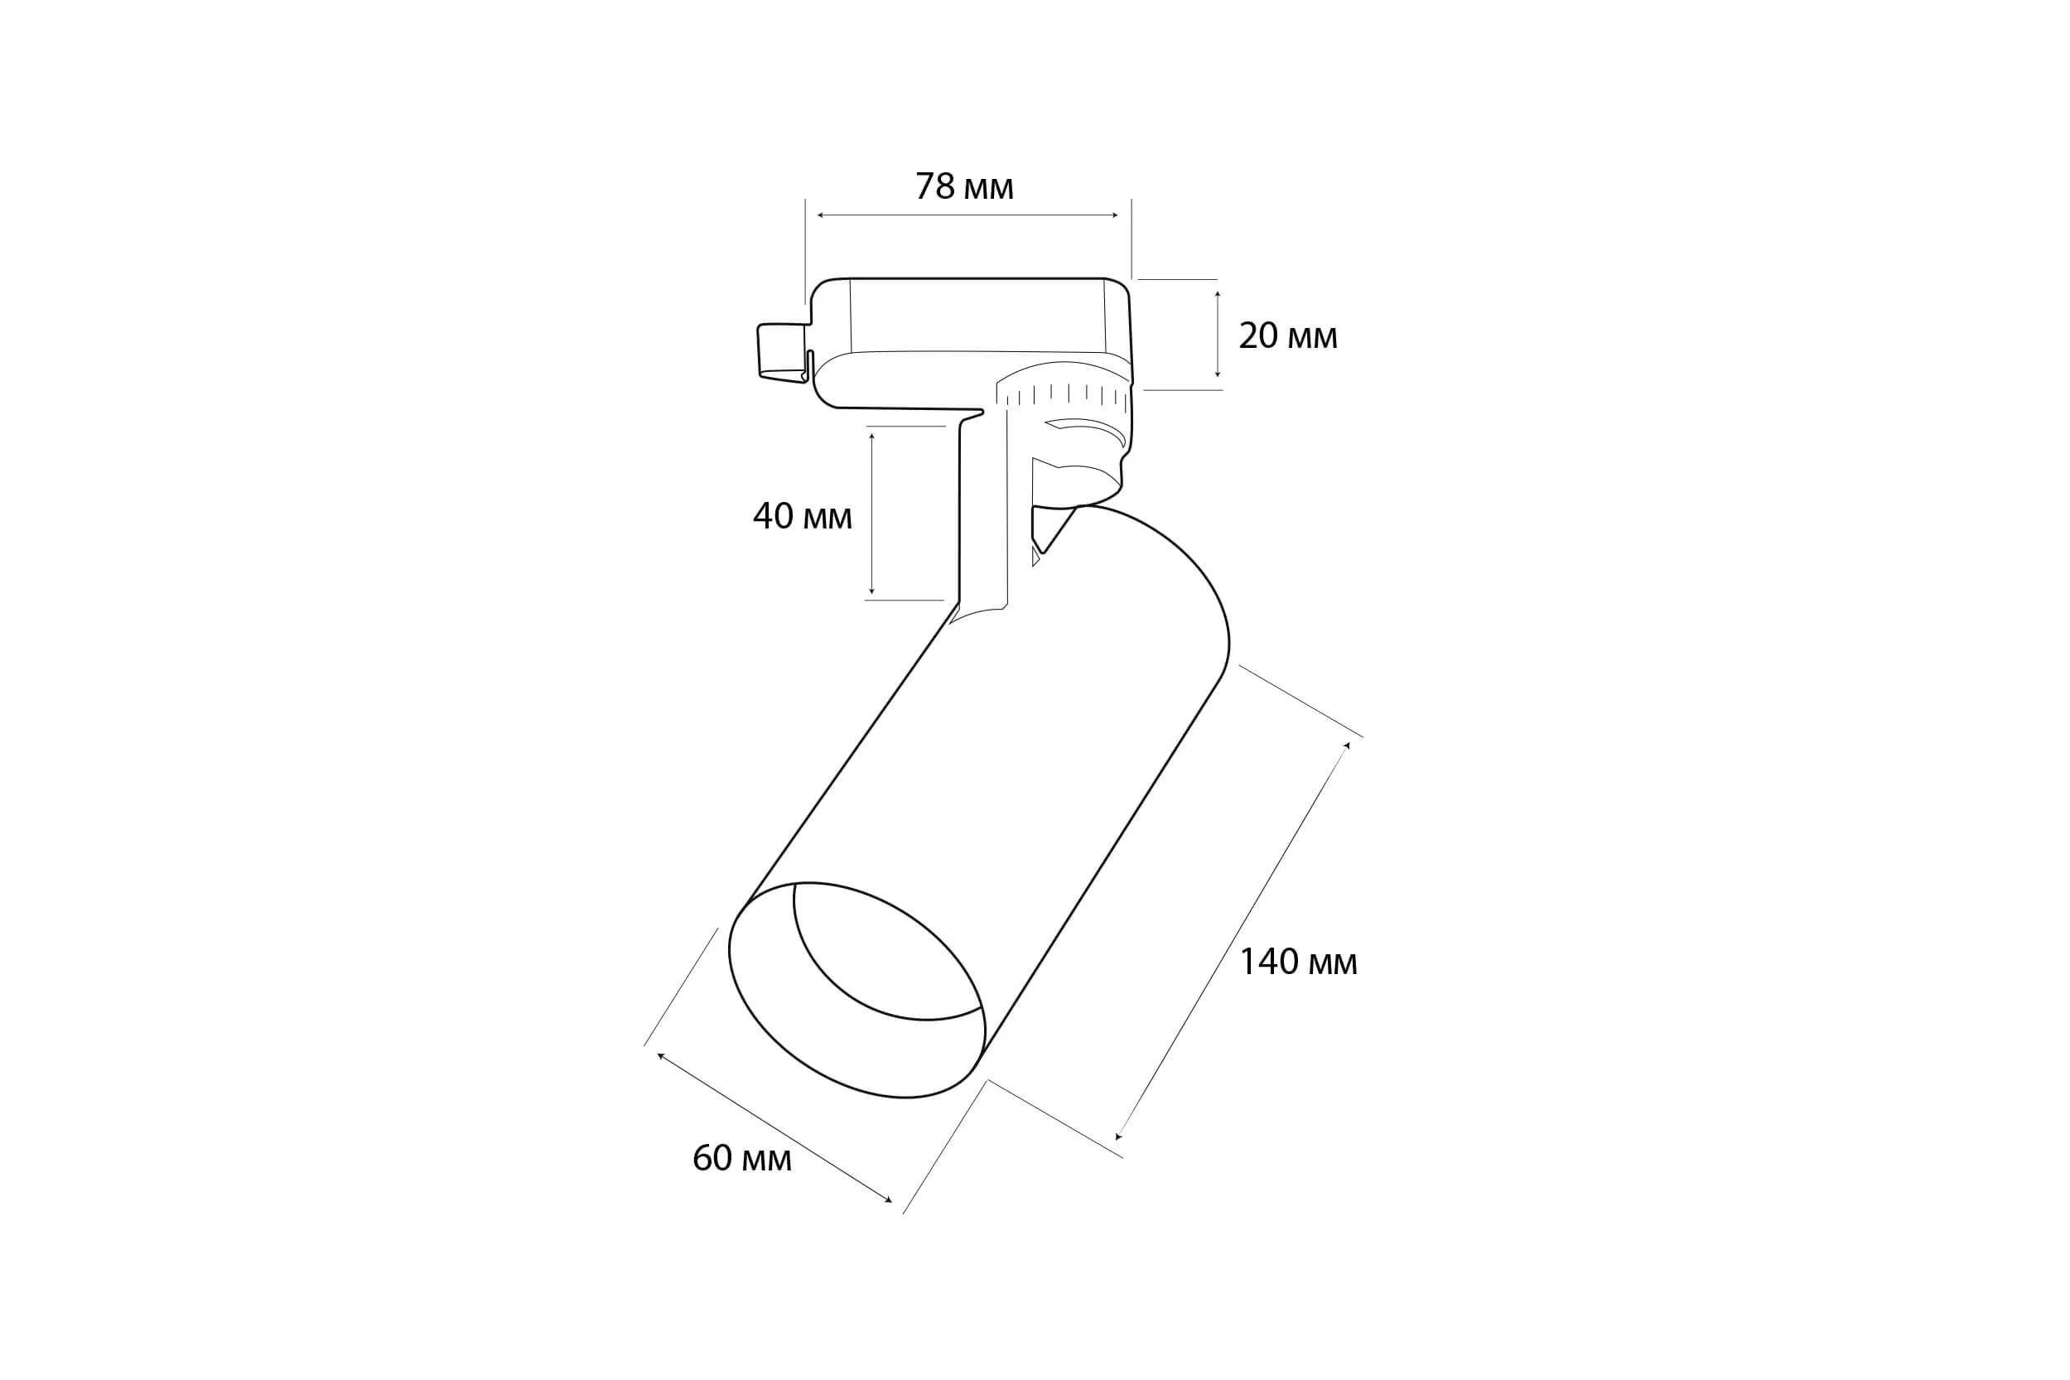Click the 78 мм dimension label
(963, 186)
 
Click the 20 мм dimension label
(1287, 336)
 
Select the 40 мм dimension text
(802, 517)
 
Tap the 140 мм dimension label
(1298, 963)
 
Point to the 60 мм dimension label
(742, 1159)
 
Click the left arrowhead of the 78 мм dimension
(821, 215)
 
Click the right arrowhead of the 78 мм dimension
(1115, 215)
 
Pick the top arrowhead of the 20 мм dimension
(1217, 295)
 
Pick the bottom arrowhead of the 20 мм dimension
(1217, 376)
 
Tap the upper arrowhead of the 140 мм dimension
(1347, 746)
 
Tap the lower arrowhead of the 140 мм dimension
(1118, 1136)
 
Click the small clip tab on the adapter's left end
(782, 351)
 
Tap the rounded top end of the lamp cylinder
(1170, 563)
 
